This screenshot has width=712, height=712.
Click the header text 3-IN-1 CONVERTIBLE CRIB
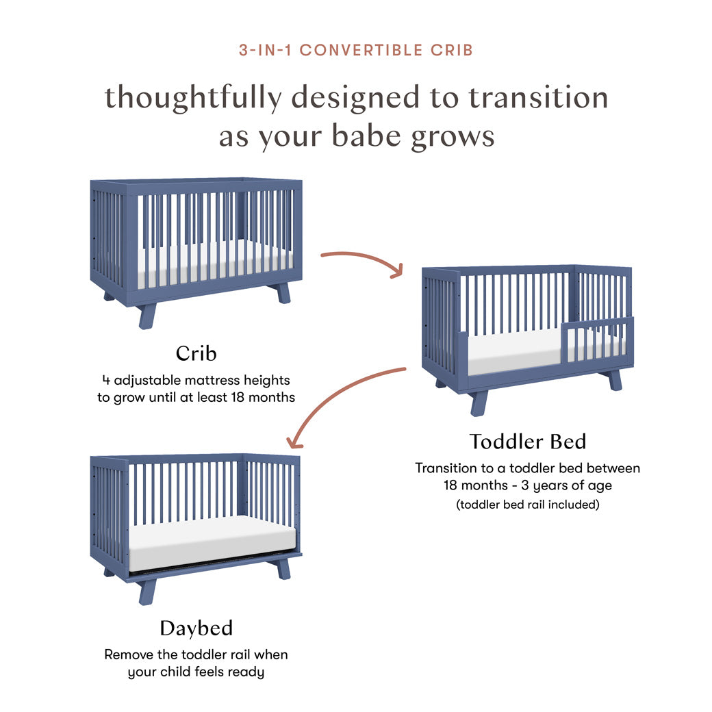355,50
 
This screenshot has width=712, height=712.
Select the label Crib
196,353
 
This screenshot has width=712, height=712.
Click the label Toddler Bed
527,442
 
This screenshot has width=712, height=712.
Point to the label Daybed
196,628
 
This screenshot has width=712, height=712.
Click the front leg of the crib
147,316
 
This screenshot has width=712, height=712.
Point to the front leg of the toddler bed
479,403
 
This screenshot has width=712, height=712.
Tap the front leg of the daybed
147,591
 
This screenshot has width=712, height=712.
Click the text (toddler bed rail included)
527,505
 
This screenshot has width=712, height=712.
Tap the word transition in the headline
538,98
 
